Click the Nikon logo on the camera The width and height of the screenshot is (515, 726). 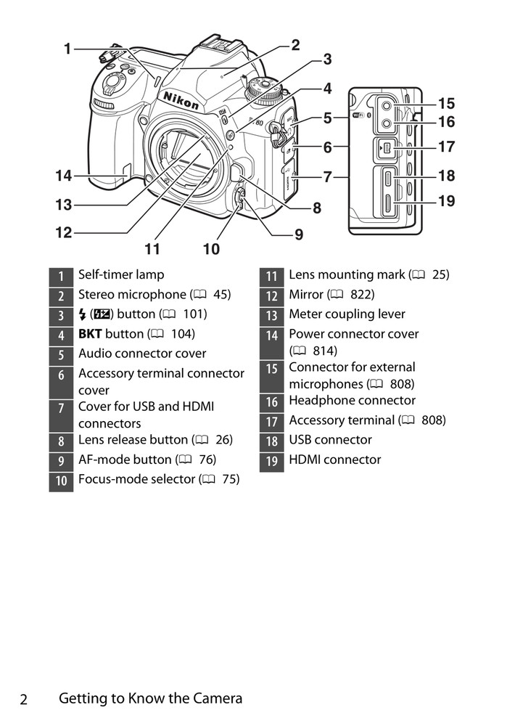(x=181, y=101)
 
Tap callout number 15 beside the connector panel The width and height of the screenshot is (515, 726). (x=446, y=104)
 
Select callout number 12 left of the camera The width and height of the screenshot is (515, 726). (x=63, y=233)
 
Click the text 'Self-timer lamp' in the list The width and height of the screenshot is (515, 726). (x=121, y=274)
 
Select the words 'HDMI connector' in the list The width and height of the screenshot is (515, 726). (x=334, y=460)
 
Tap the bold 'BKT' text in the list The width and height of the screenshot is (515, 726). (x=90, y=334)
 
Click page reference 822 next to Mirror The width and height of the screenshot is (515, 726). (x=362, y=295)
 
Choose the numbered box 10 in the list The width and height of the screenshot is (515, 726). (x=62, y=481)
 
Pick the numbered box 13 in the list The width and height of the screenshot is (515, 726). (x=272, y=315)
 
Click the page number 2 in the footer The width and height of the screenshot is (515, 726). (x=24, y=700)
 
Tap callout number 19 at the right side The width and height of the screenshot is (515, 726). (x=446, y=200)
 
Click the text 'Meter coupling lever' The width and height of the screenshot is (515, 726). (x=347, y=314)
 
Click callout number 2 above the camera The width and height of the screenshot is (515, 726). (x=295, y=45)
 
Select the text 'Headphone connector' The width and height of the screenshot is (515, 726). (x=352, y=401)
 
